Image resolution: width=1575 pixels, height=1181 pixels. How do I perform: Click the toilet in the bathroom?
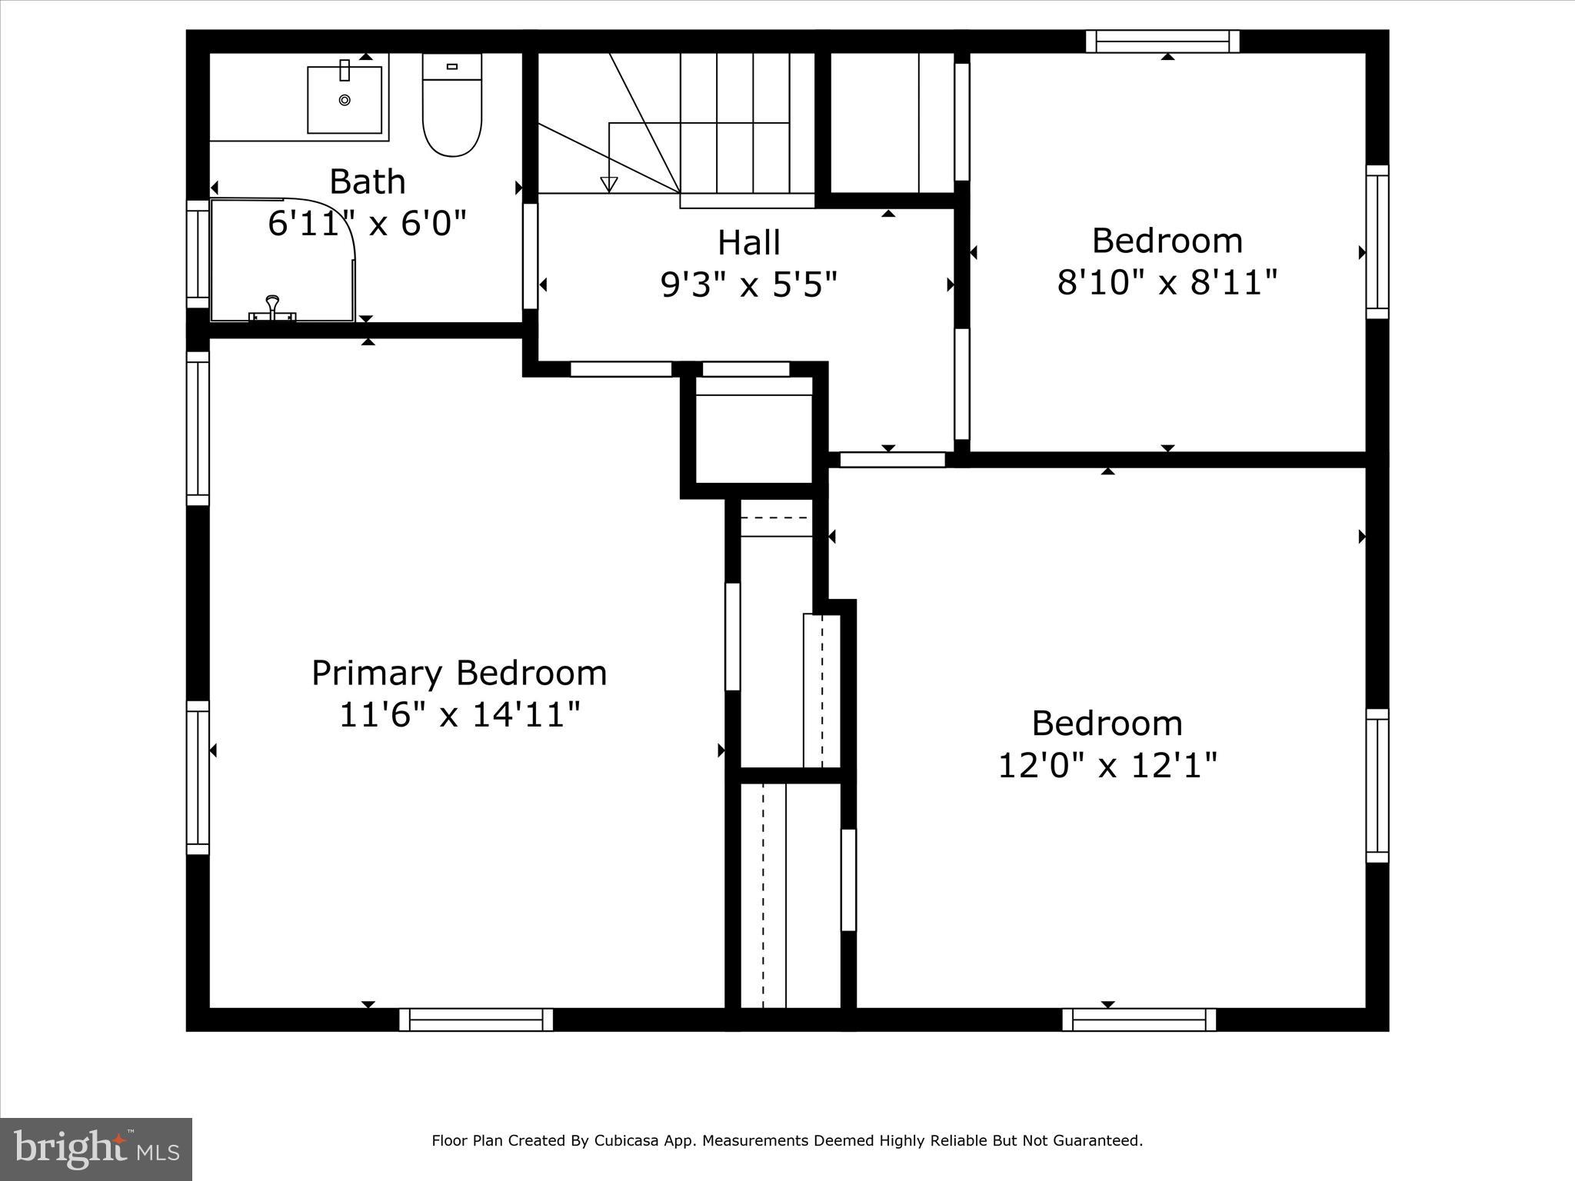(452, 108)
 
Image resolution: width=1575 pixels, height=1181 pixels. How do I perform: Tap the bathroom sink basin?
(345, 100)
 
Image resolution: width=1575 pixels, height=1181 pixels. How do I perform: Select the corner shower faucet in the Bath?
(272, 308)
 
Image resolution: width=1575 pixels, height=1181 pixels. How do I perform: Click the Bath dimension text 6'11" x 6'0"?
(368, 225)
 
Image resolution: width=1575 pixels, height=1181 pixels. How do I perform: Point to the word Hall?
(748, 243)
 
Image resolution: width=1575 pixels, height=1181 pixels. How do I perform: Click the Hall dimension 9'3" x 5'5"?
(748, 286)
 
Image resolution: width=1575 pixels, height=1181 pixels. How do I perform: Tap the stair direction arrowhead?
(609, 185)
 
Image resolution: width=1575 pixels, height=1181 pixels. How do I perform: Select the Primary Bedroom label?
(459, 674)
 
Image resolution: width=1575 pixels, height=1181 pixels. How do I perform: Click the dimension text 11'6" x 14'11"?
(459, 716)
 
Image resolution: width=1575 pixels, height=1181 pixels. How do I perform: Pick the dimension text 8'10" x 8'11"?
(1167, 283)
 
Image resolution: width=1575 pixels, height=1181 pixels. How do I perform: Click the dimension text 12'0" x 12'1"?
(1107, 766)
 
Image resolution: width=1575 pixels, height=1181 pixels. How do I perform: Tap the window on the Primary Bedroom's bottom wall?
(476, 1020)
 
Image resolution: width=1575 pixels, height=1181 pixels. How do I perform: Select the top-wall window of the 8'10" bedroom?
(1162, 41)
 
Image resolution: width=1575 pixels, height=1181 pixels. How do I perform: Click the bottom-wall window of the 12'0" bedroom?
(1139, 1020)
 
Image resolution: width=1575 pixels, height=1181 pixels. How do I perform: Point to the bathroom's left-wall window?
(198, 254)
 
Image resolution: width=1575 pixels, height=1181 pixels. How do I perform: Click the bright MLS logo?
(95, 1149)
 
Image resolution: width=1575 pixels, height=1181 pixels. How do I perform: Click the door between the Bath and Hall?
(530, 256)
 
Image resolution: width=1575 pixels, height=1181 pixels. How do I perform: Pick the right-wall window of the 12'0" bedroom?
(1377, 786)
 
